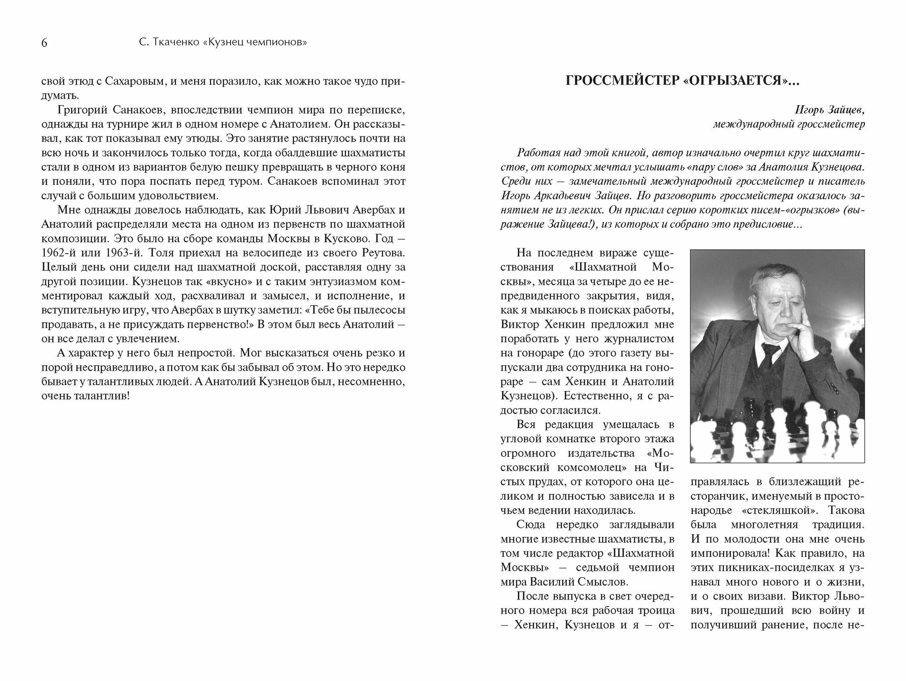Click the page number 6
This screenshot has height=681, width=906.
pyautogui.click(x=44, y=43)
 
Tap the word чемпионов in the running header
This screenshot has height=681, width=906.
pyautogui.click(x=278, y=43)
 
